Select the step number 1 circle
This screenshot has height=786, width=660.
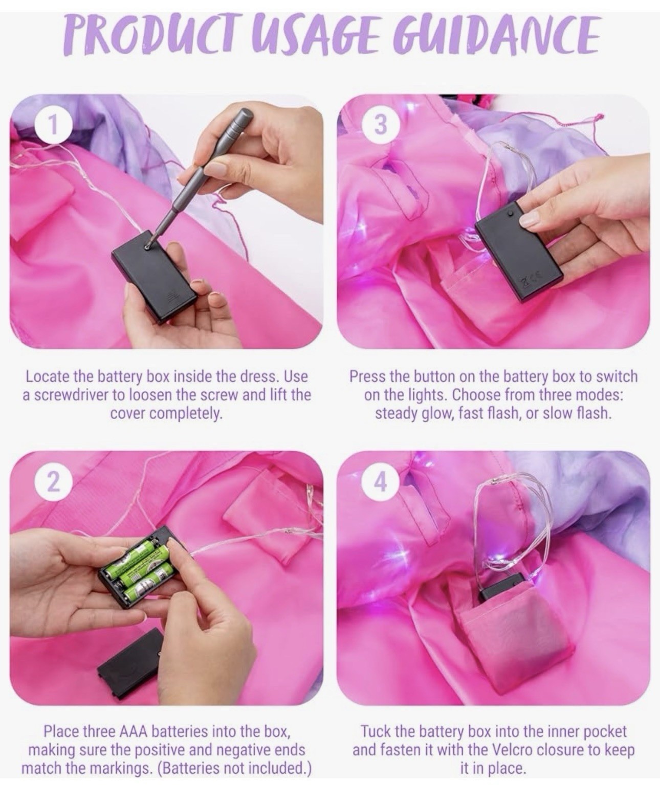pos(53,125)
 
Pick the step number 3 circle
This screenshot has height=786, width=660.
pos(381,125)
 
